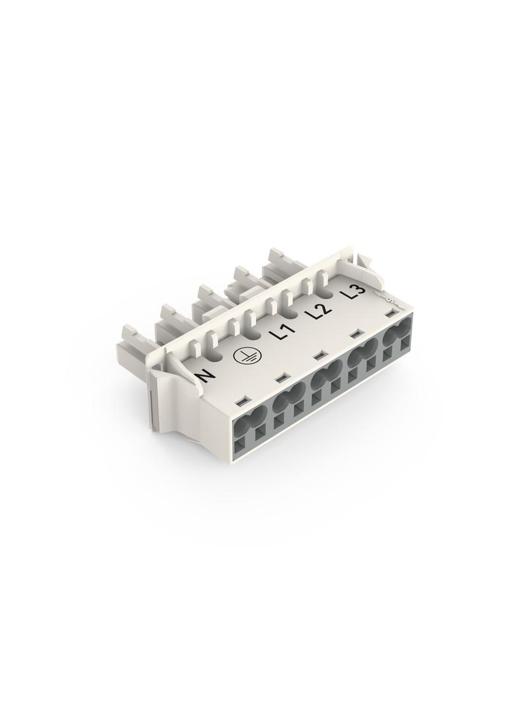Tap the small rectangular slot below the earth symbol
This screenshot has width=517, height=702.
point(281,377)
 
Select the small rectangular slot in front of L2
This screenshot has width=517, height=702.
point(356,333)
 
